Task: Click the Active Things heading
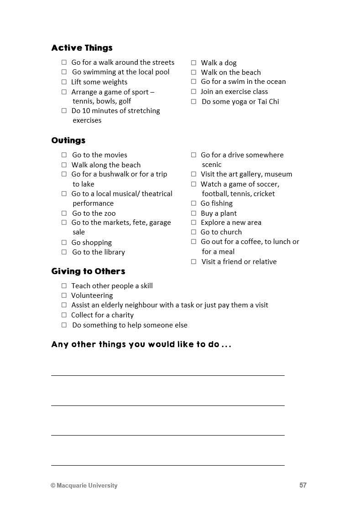(x=82, y=48)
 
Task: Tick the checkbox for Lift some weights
(x=64, y=82)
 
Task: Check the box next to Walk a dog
(x=193, y=63)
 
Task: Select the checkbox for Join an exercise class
(x=193, y=92)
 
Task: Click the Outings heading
(x=68, y=140)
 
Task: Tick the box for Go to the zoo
(x=64, y=213)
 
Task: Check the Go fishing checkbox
(x=193, y=203)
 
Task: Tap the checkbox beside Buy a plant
(x=193, y=213)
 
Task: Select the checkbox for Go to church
(x=193, y=232)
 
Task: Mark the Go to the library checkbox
(x=64, y=252)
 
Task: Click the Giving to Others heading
(x=88, y=271)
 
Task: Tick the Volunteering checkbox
(x=64, y=296)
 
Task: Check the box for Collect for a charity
(x=64, y=315)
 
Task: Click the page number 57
(x=303, y=485)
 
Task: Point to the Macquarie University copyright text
(x=84, y=486)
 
